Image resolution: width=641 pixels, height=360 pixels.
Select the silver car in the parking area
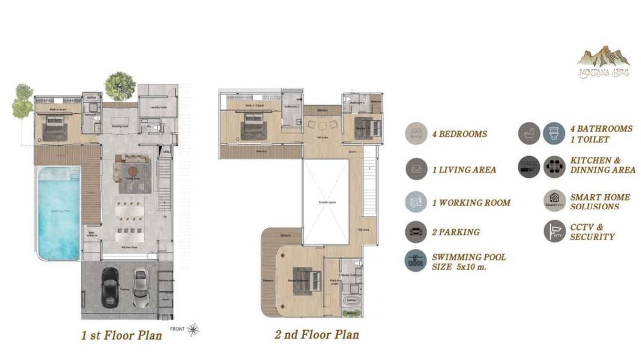140,288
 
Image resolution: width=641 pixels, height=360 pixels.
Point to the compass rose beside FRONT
193,329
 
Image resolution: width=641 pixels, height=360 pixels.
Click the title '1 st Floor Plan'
121,335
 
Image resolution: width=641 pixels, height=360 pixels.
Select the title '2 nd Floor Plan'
317,334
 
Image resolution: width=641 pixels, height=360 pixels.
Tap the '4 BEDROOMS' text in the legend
459,134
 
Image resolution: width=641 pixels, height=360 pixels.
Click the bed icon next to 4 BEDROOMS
417,134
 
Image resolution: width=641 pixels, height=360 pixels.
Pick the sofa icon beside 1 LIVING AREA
417,169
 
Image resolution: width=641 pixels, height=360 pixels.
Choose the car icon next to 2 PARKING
417,232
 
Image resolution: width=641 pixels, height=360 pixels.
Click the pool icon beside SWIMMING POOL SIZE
417,261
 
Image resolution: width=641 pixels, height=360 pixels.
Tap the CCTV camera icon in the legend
555,231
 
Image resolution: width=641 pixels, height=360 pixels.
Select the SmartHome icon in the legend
555,201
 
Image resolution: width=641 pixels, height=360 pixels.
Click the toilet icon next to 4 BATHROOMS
554,134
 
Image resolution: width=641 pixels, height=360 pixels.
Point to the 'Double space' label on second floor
327,202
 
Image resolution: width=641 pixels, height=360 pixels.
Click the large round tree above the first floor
120,86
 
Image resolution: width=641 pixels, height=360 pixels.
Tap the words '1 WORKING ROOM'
471,202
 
